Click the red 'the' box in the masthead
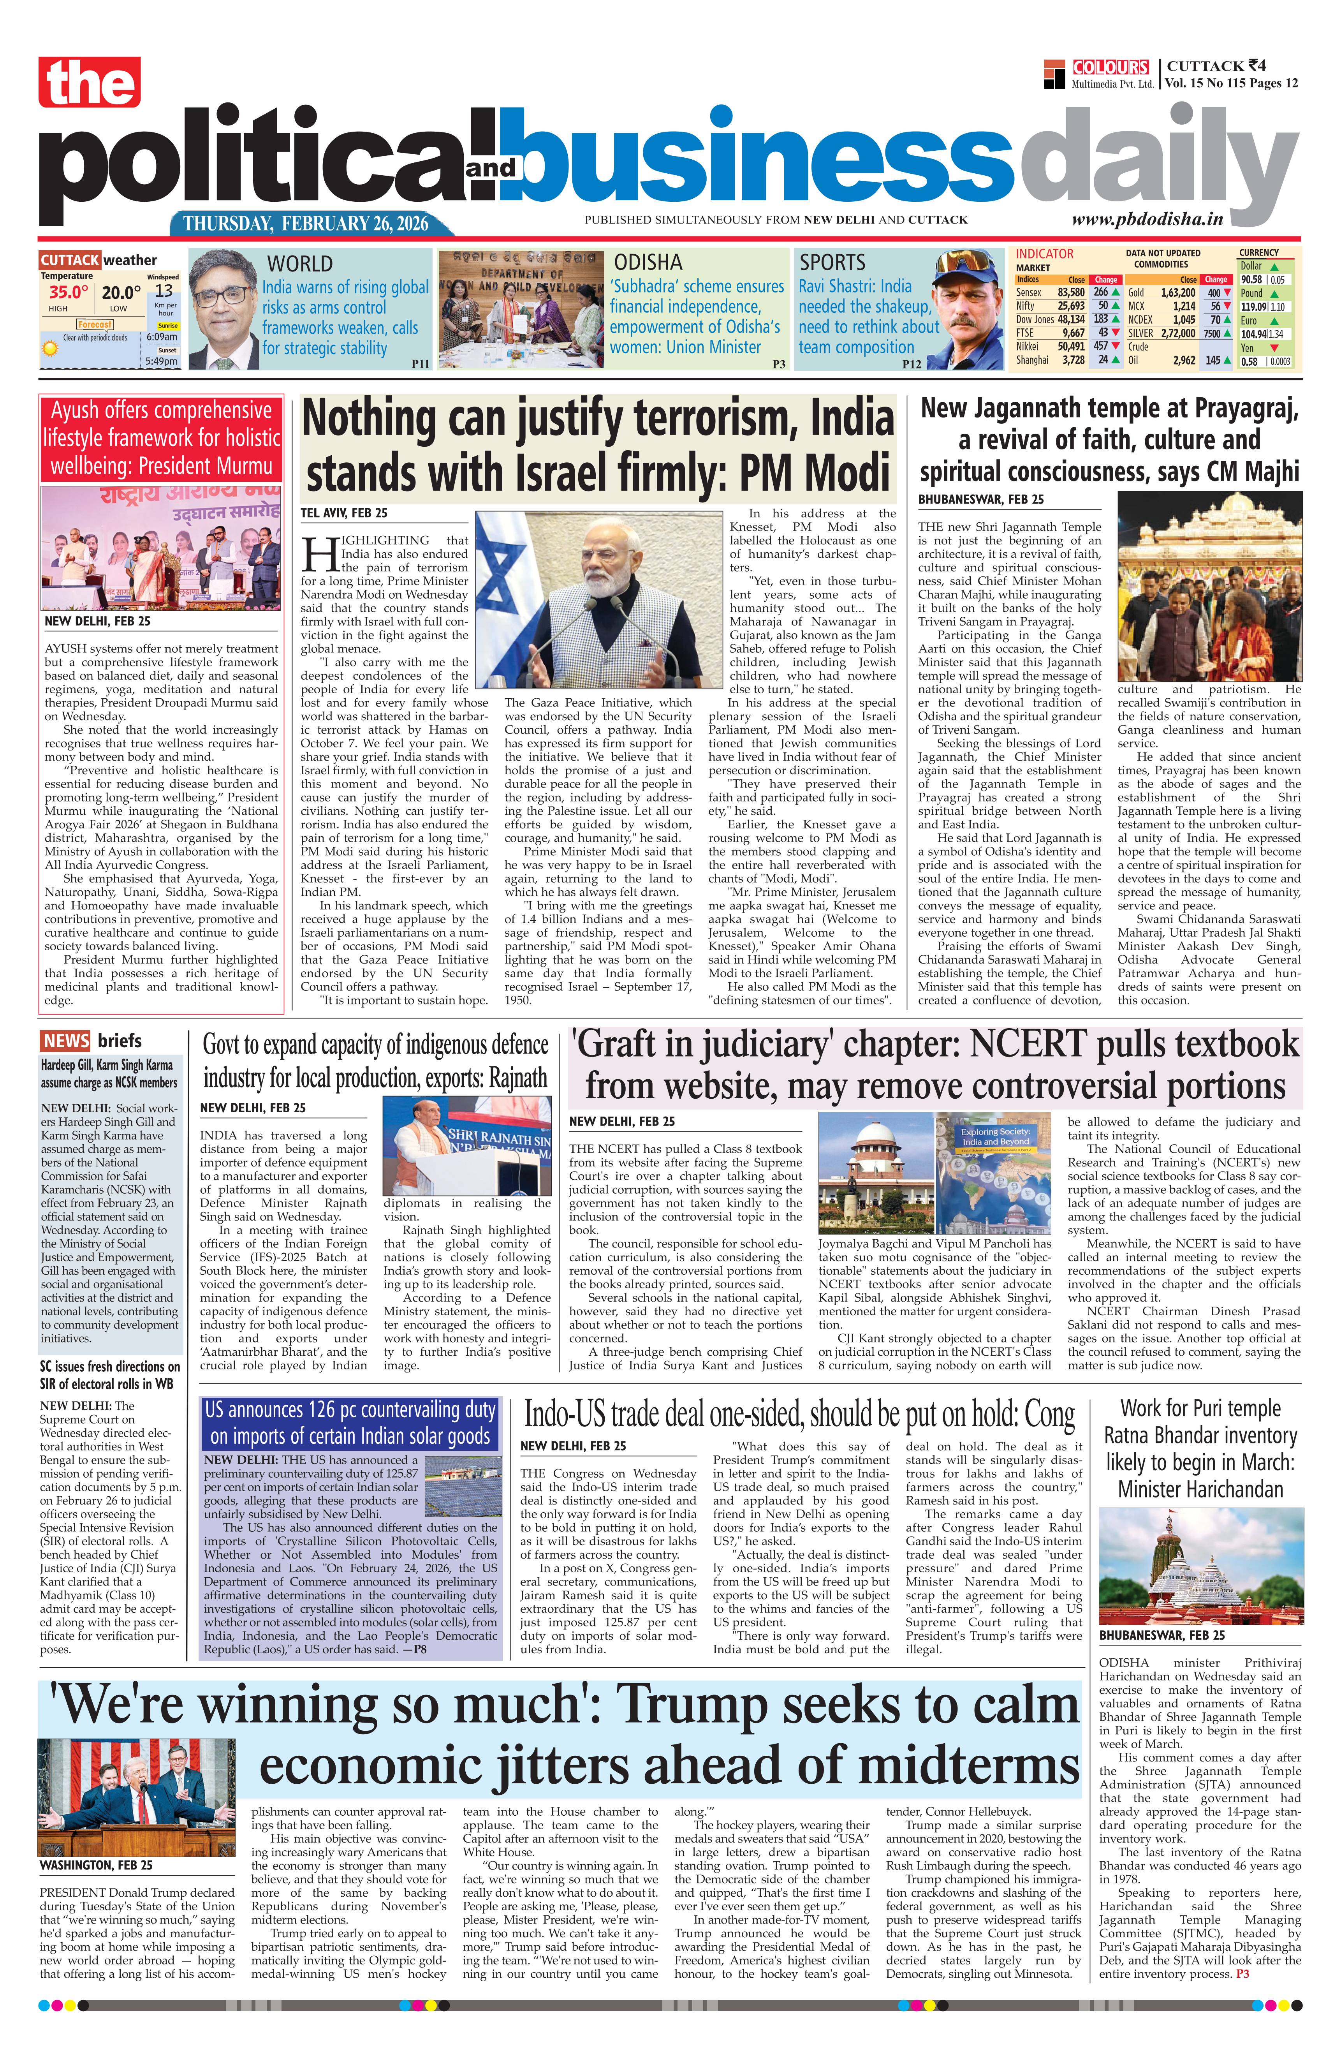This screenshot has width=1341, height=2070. coord(89,83)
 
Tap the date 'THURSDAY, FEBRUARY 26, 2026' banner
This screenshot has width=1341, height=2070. coord(306,224)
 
